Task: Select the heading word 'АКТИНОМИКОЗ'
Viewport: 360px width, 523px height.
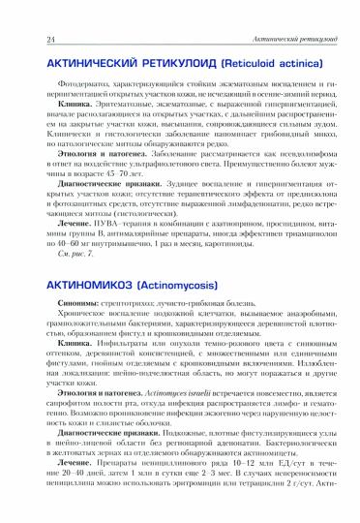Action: (73, 260)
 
